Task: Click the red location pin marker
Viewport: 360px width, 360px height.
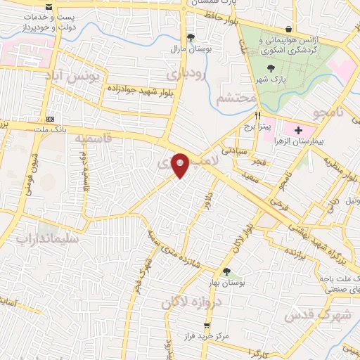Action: coord(180,165)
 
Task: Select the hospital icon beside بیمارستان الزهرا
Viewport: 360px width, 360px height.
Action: coord(299,130)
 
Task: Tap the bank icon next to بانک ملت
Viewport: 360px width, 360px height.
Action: coord(50,118)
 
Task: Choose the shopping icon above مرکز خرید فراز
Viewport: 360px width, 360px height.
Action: coord(206,326)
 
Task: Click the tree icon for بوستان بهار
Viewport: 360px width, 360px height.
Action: coord(226,271)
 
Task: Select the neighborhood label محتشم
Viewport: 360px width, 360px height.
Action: coord(236,98)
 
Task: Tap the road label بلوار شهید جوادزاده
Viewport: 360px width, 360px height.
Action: coord(139,89)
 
